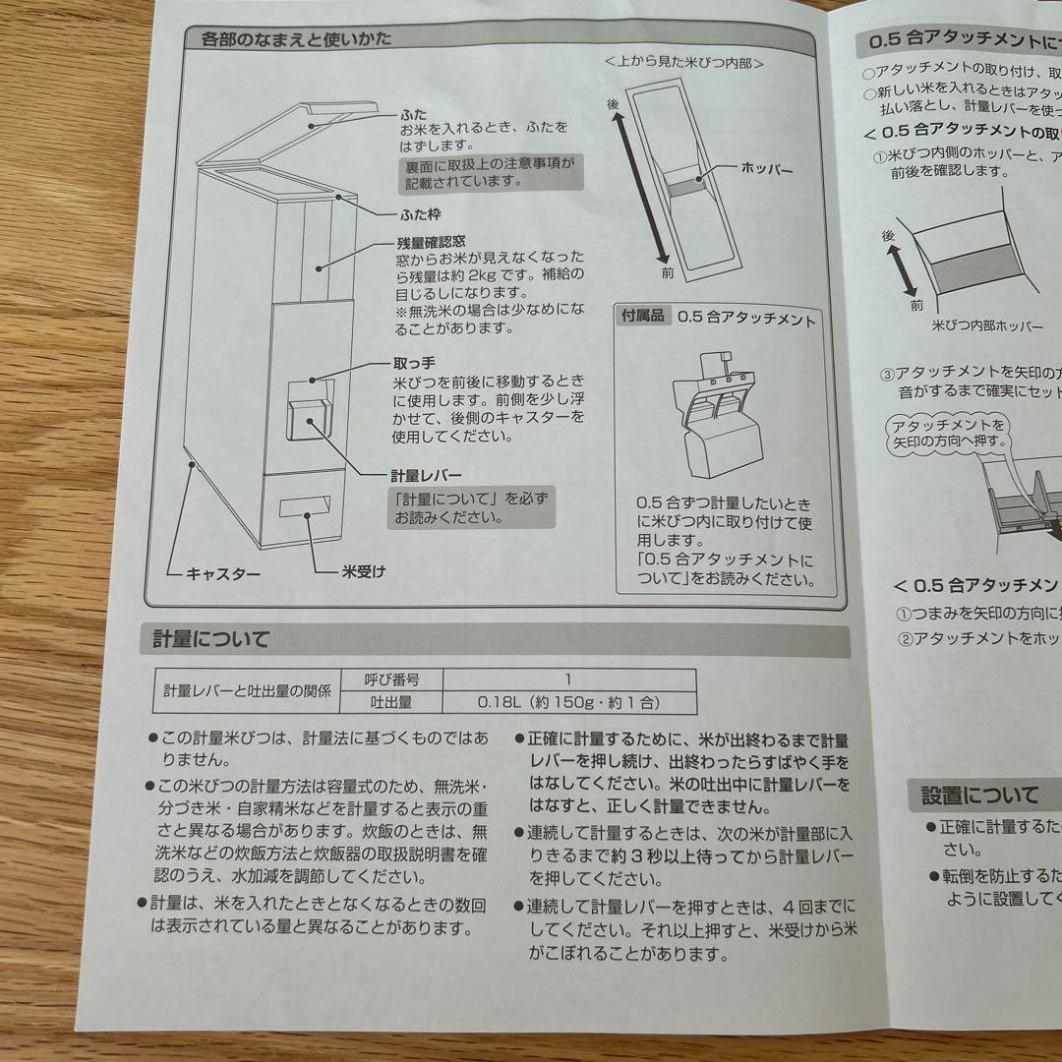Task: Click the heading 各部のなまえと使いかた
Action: pos(295,40)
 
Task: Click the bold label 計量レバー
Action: pos(427,475)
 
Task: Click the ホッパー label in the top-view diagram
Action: pos(767,169)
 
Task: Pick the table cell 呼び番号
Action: pos(391,678)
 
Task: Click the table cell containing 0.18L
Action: pos(568,702)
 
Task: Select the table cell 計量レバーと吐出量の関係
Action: pos(247,690)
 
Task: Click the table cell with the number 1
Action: pos(568,678)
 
